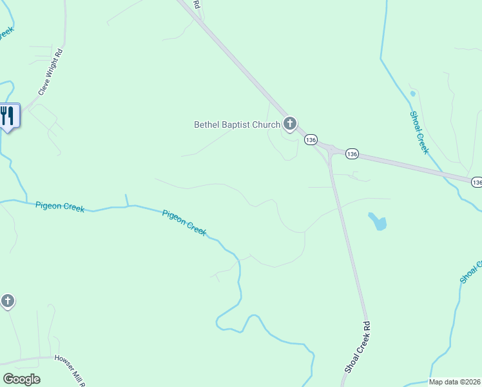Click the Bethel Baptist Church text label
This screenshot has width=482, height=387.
pyautogui.click(x=237, y=124)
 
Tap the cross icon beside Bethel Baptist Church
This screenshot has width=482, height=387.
pyautogui.click(x=290, y=123)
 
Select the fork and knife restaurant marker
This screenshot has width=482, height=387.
pyautogui.click(x=8, y=116)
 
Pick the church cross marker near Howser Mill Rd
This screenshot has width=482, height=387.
pyautogui.click(x=7, y=301)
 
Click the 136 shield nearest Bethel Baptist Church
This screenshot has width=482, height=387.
pyautogui.click(x=311, y=139)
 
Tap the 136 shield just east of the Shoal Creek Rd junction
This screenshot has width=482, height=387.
pyautogui.click(x=351, y=154)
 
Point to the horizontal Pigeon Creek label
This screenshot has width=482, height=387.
pyautogui.click(x=59, y=206)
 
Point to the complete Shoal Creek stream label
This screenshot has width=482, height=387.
pyautogui.click(x=419, y=132)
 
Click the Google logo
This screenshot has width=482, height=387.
pyautogui.click(x=21, y=379)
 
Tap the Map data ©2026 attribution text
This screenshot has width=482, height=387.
pyautogui.click(x=455, y=382)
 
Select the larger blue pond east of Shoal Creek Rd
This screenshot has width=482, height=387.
pyautogui.click(x=378, y=223)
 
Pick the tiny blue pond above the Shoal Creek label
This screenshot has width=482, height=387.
pyautogui.click(x=412, y=94)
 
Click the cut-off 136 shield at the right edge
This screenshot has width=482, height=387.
pyautogui.click(x=476, y=183)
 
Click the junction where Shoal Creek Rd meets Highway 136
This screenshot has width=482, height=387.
pyautogui.click(x=329, y=152)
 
